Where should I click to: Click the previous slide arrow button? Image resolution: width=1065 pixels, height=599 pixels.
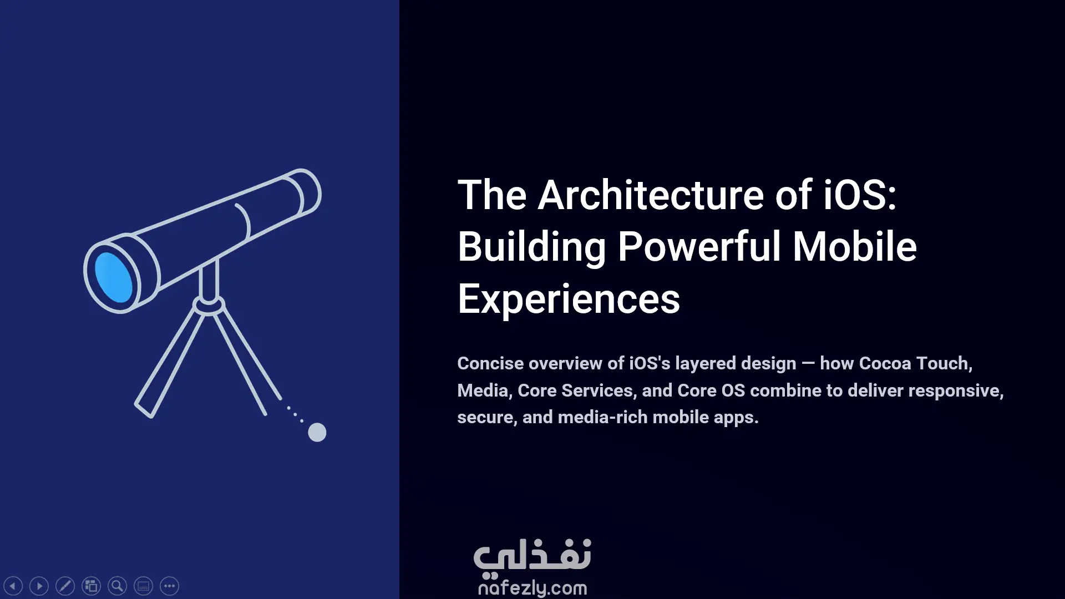(13, 586)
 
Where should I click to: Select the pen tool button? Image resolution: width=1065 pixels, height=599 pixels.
(65, 586)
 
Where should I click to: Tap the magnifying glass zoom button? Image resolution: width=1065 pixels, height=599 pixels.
(117, 586)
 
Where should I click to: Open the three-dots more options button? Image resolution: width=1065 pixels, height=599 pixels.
(169, 586)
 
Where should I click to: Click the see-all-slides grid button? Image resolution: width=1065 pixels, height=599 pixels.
(91, 586)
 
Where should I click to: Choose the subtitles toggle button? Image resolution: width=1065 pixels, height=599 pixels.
(143, 586)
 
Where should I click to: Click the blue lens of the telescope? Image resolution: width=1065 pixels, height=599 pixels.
(114, 277)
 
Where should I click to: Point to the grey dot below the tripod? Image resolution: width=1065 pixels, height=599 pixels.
(317, 432)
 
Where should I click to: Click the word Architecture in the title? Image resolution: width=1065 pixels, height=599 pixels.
(651, 195)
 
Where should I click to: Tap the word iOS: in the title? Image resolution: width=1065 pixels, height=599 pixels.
(860, 195)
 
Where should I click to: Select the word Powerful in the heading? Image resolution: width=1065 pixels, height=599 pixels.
(699, 247)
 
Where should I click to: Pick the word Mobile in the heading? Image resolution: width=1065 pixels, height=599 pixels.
(854, 247)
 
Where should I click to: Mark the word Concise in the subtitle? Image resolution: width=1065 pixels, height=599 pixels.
(490, 363)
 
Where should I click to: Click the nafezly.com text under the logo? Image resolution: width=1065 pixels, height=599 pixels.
(532, 587)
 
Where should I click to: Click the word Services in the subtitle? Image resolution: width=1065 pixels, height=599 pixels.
(597, 390)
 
